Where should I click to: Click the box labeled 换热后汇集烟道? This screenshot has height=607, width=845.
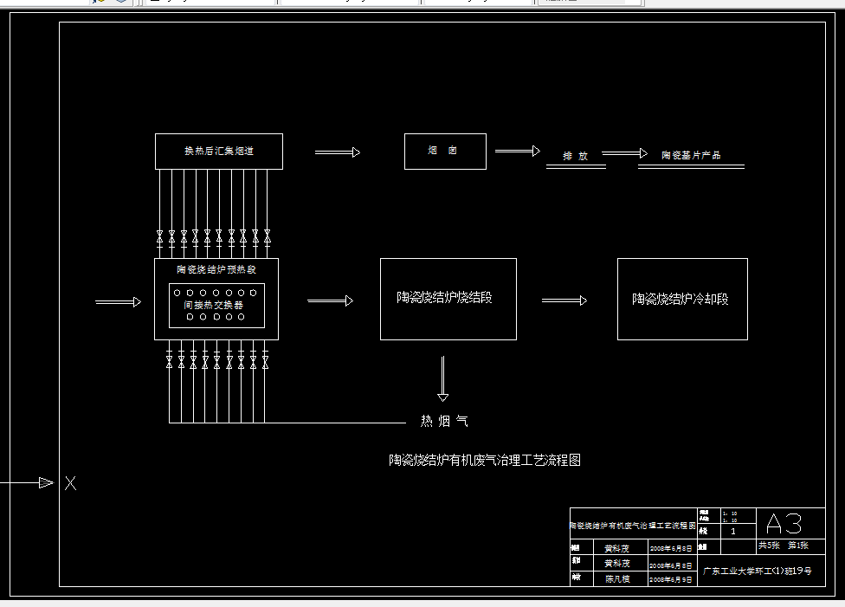(218, 152)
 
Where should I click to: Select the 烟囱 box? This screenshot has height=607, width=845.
(445, 152)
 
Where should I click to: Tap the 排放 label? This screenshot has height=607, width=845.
(576, 156)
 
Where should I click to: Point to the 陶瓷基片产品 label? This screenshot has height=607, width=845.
(691, 156)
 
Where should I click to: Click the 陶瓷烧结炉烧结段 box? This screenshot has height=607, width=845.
(448, 298)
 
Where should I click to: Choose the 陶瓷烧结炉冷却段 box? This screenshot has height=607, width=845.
(681, 299)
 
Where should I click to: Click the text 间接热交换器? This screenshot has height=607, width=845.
(213, 306)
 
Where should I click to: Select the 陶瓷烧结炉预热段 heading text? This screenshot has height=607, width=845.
(216, 269)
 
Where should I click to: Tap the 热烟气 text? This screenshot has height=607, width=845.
(444, 421)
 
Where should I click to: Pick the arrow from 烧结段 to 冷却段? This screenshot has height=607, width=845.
(564, 300)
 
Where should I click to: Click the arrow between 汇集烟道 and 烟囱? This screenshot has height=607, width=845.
(337, 152)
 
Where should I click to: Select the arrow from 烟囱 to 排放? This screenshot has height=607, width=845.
(517, 152)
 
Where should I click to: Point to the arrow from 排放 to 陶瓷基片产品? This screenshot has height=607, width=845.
(624, 153)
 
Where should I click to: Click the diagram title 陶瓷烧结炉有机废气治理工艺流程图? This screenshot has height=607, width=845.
(484, 460)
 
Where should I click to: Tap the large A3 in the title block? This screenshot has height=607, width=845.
(784, 523)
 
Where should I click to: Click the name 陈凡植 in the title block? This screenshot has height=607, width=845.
(616, 578)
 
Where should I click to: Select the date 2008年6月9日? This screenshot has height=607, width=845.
(670, 579)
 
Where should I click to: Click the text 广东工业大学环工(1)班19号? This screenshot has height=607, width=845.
(757, 571)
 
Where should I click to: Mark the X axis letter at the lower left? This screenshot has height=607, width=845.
(70, 483)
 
